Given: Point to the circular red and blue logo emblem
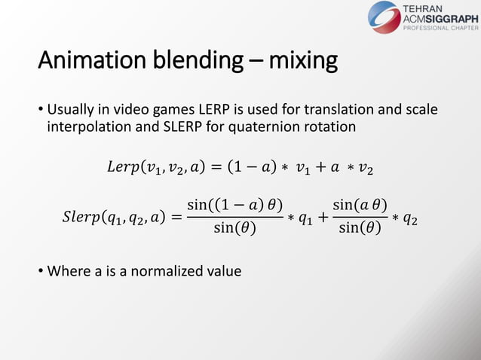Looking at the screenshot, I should coord(384,17).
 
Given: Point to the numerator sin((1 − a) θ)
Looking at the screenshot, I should coord(234,205).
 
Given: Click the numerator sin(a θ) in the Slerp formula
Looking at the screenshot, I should coord(360,205).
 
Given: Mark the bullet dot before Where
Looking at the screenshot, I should coord(41,270).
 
